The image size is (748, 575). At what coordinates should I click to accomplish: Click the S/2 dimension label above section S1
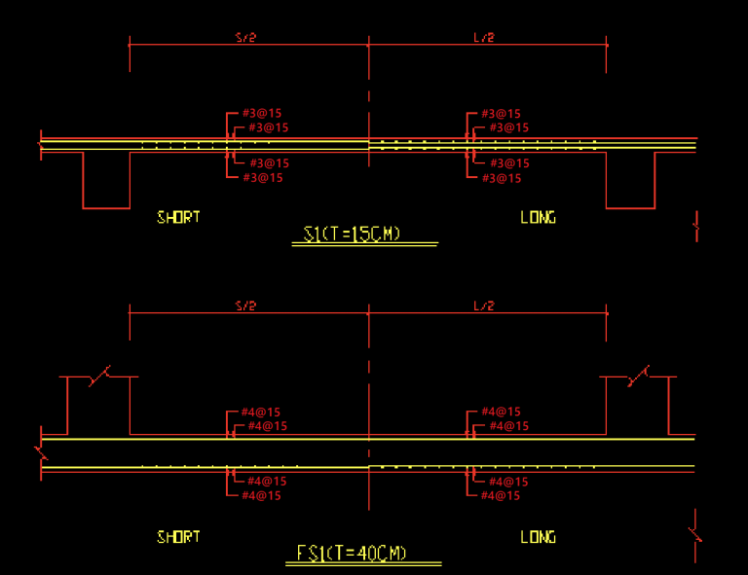[x=245, y=38]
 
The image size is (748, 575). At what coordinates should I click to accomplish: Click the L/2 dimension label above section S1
[x=484, y=38]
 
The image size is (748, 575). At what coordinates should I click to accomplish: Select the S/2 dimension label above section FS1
[x=245, y=306]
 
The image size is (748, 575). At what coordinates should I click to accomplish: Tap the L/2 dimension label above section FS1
[x=484, y=306]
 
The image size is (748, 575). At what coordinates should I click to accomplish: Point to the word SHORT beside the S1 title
[x=178, y=217]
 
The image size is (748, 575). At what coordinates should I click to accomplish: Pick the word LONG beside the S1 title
[x=538, y=217]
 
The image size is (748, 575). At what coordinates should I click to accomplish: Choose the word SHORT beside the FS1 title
[x=178, y=537]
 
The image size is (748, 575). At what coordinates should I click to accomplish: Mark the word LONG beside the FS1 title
[x=538, y=537]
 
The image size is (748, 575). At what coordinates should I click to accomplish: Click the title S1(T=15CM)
[x=353, y=234]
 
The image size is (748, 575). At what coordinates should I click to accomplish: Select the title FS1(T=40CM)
[x=352, y=554]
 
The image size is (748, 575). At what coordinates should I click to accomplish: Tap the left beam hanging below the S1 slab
[x=106, y=180]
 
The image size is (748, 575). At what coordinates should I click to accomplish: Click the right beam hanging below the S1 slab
[x=630, y=180]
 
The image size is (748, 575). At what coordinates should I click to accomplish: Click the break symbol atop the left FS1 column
[x=99, y=376]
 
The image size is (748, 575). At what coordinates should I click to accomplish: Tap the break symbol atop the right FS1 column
[x=639, y=376]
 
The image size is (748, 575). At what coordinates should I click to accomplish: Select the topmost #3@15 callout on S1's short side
[x=262, y=114]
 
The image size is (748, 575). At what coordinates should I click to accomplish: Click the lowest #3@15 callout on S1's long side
[x=501, y=178]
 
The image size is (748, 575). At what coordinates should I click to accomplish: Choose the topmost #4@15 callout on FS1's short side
[x=261, y=412]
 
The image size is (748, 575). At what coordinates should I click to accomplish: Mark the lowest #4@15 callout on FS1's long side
[x=501, y=495]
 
